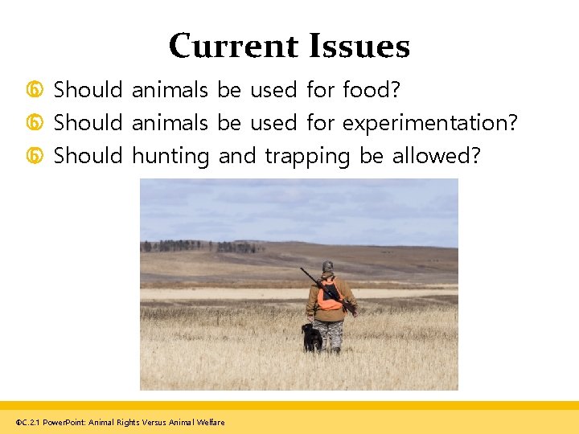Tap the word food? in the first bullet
372,90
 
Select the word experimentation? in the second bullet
430,123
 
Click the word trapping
307,156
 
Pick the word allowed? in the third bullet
436,155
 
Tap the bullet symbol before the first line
35,91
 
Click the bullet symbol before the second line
35,124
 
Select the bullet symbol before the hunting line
35,157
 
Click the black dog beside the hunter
311,338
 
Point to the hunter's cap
327,266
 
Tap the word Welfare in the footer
211,422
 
